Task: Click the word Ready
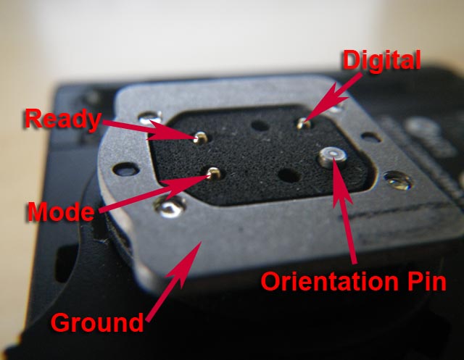[x=63, y=120]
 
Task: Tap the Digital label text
[x=382, y=61]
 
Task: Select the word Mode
[x=61, y=212]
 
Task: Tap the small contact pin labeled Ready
[x=201, y=138]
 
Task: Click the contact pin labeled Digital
[x=304, y=123]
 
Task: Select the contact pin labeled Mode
[x=213, y=173]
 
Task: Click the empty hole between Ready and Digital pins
[x=260, y=125]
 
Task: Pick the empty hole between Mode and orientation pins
[x=289, y=175]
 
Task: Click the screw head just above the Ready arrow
[x=151, y=117]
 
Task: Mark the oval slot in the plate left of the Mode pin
[x=126, y=169]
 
